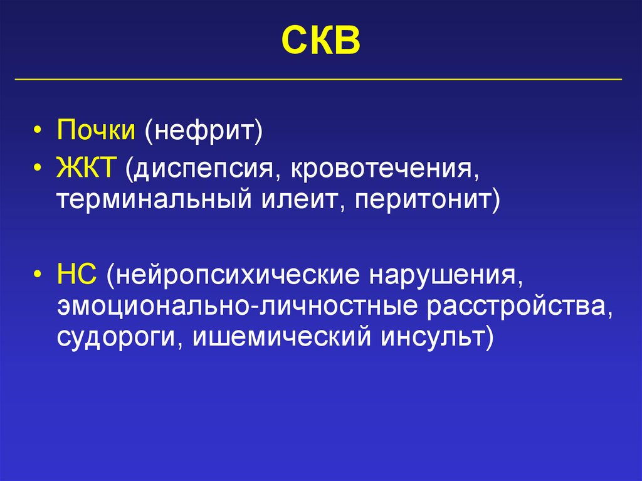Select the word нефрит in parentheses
point(203,132)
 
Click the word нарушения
point(445,275)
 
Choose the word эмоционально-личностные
point(238,307)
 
